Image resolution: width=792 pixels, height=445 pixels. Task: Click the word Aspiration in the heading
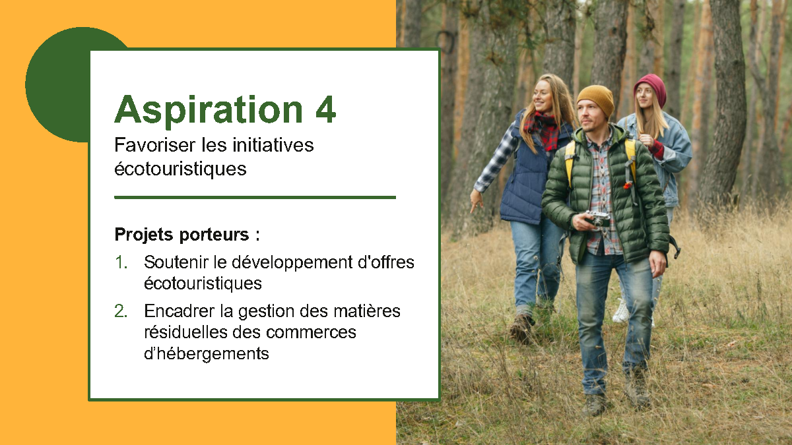[x=209, y=110]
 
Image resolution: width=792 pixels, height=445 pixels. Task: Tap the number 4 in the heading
[x=325, y=109]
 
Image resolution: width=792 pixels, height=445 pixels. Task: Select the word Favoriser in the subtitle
[x=155, y=145]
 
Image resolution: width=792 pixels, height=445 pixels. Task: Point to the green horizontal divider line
[x=255, y=197]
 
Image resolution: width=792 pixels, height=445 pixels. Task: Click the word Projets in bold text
[x=145, y=235]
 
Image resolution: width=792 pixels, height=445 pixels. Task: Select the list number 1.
[x=121, y=262]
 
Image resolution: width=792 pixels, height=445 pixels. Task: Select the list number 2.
[x=121, y=311]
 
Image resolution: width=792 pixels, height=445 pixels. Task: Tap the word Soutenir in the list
[x=176, y=262]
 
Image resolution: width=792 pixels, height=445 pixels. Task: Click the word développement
[x=292, y=263]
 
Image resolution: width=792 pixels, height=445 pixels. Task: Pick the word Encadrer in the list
[x=180, y=311]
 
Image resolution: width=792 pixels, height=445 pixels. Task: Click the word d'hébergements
[x=207, y=353]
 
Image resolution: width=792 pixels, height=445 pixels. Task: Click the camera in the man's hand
[x=597, y=219]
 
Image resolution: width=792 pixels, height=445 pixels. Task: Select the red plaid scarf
[x=543, y=130]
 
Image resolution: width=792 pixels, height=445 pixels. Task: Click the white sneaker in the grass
[x=621, y=311]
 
